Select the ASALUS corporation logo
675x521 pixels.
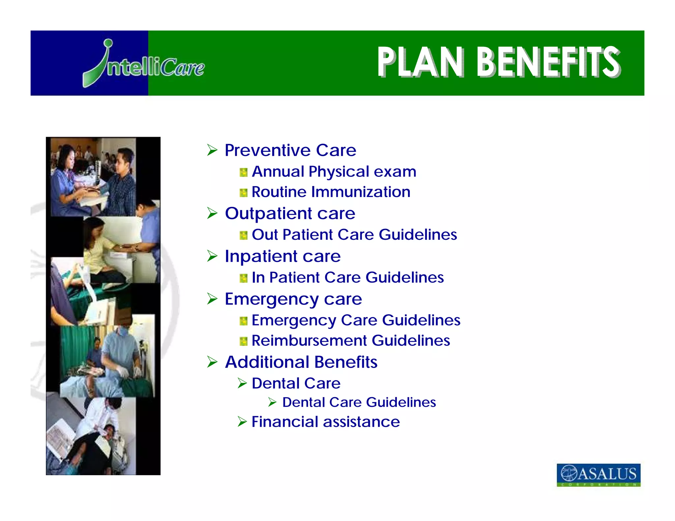tap(598, 475)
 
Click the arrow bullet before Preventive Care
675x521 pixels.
tap(212, 150)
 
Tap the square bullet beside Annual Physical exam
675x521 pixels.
tap(243, 172)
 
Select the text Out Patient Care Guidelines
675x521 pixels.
tap(354, 235)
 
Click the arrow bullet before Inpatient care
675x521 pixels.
tap(212, 256)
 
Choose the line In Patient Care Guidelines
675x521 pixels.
tap(347, 278)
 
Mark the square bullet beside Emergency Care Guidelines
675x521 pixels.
tap(243, 321)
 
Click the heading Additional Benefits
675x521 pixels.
tap(301, 362)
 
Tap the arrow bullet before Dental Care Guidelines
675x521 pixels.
tap(272, 402)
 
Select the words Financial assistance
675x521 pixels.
tap(325, 422)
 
